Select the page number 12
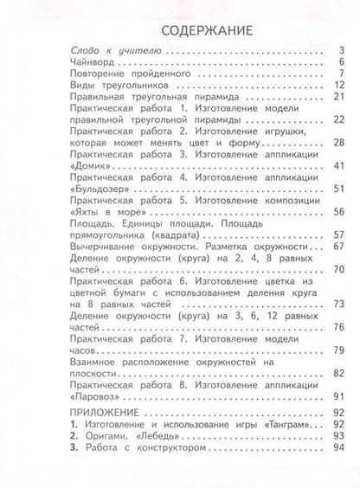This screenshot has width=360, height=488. point(340,87)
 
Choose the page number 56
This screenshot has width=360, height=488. point(339,210)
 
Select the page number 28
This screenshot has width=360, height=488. point(339,142)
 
